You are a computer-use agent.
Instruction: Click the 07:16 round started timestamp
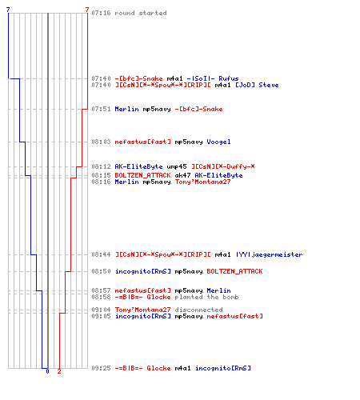coord(101,13)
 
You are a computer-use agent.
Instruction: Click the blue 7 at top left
coord(8,10)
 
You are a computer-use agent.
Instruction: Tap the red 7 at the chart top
coord(87,10)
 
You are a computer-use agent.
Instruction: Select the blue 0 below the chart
coord(47,371)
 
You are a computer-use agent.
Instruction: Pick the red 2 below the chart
coord(59,371)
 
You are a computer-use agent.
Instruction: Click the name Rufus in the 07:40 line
coord(229,78)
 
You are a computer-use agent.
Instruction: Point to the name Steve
coord(269,85)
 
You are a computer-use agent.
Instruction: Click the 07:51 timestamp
coord(101,109)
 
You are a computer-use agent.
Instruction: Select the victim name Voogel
coord(218,142)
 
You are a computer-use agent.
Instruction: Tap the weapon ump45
coord(177,166)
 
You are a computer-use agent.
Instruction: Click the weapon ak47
coord(182,175)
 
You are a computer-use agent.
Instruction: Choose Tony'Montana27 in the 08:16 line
coord(202,182)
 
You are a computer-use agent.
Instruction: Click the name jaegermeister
coord(277,254)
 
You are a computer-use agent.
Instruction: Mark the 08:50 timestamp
coord(101,271)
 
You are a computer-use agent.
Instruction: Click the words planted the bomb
coord(206,297)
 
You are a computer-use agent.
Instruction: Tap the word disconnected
coord(198,310)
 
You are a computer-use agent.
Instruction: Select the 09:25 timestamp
coord(101,368)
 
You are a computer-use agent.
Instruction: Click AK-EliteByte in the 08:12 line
coord(138,166)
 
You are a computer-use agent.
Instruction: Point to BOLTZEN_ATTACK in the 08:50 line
coord(234,271)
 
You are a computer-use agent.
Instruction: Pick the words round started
coord(141,13)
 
